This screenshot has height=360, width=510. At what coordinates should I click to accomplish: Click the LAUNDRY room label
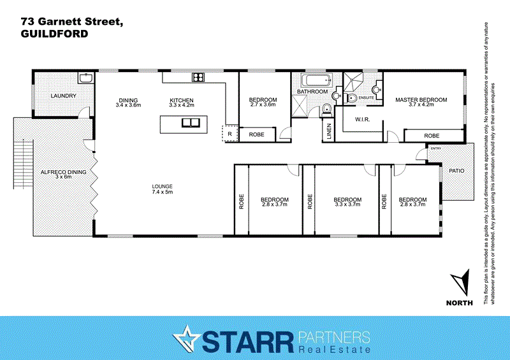64,96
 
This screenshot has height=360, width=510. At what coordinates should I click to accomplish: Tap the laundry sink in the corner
85,79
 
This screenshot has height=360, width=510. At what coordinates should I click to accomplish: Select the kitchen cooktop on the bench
198,78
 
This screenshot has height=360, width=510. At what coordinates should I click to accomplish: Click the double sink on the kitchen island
190,123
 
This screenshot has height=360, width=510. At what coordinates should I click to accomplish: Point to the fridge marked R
229,134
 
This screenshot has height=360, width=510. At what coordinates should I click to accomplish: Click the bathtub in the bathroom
316,80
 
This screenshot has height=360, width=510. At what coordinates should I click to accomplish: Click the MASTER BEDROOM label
421,100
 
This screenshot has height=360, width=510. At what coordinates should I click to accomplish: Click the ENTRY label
436,148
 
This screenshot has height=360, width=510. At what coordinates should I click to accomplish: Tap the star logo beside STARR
187,338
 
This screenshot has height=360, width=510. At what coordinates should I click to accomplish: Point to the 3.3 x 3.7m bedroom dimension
347,205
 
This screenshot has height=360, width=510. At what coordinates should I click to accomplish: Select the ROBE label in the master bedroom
432,136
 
